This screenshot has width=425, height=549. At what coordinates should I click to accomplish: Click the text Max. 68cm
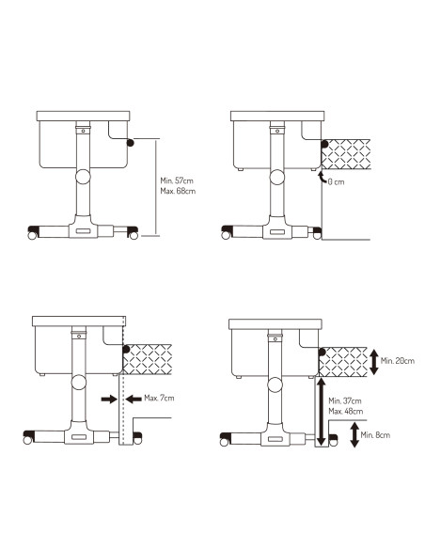tap(178, 192)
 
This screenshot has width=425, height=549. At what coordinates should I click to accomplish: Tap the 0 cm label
tap(337, 181)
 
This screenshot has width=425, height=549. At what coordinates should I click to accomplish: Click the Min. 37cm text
tap(347, 400)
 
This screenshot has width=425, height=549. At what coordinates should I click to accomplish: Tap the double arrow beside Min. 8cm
tap(354, 434)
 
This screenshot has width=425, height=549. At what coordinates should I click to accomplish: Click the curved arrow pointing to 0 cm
tap(322, 176)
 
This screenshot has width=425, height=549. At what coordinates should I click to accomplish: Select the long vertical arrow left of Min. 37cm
tap(322, 410)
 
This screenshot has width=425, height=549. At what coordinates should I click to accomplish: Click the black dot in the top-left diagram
tap(129, 142)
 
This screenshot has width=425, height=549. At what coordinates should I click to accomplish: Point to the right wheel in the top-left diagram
tap(132, 231)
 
